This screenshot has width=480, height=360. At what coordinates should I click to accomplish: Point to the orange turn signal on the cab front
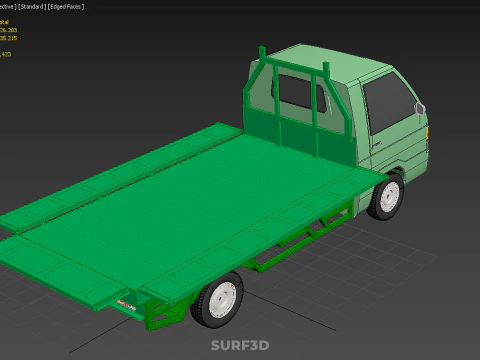[x=431, y=129]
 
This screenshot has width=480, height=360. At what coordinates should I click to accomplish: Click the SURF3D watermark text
[x=239, y=346]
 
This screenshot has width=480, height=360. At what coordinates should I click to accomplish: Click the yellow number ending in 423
[x=7, y=55]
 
